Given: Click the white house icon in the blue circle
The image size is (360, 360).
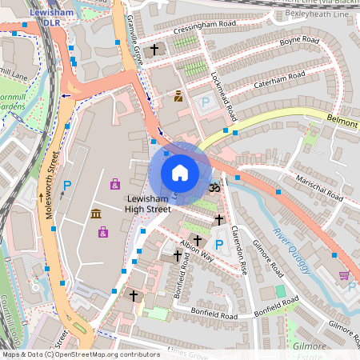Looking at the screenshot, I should pyautogui.click(x=180, y=173).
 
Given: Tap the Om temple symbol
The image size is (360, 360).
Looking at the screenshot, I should pyautogui.click(x=214, y=187).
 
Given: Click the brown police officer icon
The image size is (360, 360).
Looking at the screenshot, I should pyautogui.click(x=178, y=96).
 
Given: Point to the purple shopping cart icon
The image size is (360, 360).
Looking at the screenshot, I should pyautogui.click(x=344, y=275).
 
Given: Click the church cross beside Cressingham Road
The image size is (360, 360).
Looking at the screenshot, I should pyautogui.click(x=154, y=49).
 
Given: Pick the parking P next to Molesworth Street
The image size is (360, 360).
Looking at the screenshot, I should pyautogui.click(x=67, y=186).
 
